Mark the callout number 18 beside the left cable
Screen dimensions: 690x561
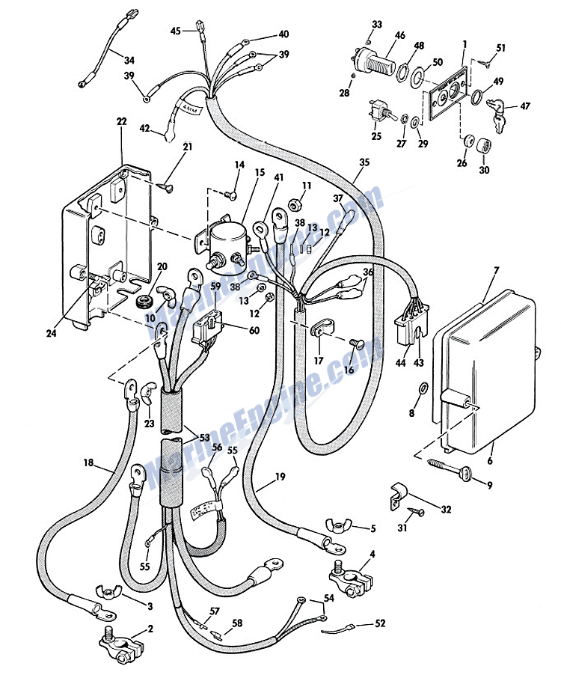pyautogui.click(x=88, y=464)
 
